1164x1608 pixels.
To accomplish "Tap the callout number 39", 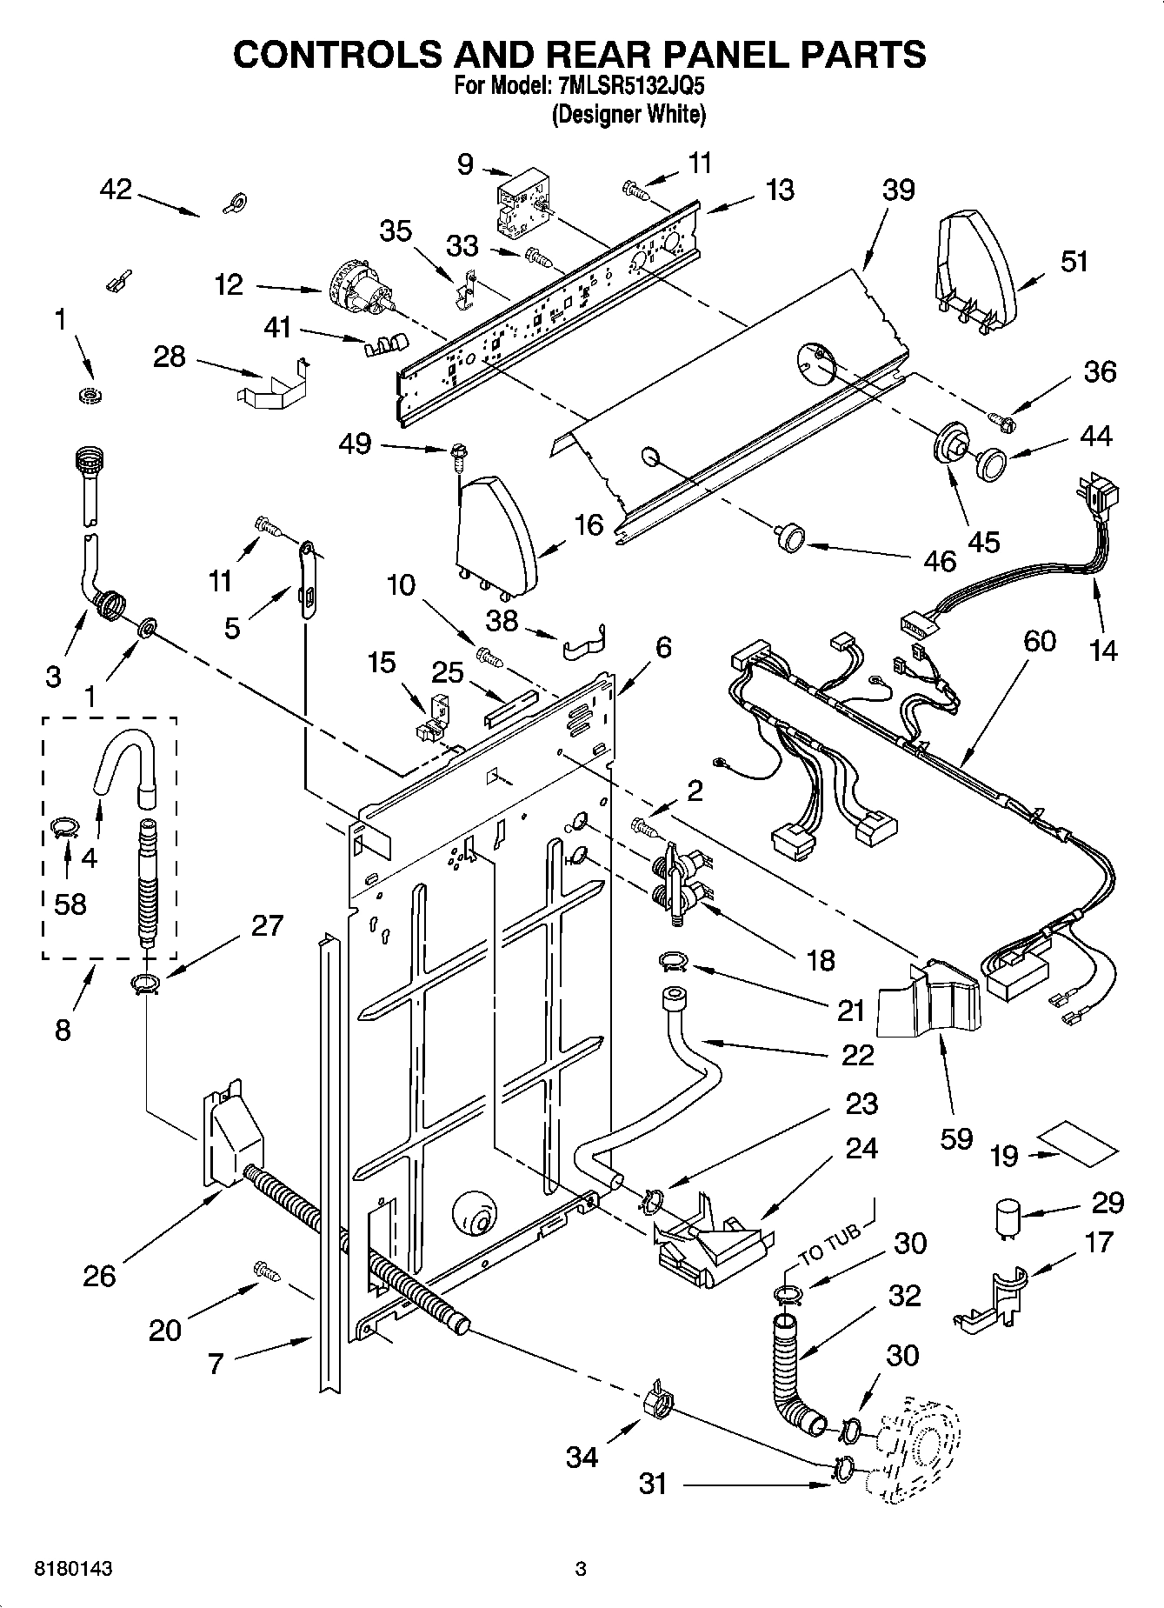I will pyautogui.click(x=898, y=190).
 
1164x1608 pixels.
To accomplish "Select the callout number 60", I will pyautogui.click(x=1039, y=641).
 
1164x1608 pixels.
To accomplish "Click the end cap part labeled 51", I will pyautogui.click(x=976, y=265).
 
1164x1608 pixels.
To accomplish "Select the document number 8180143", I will pyautogui.click(x=73, y=1570).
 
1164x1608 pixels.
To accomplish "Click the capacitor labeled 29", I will pyautogui.click(x=1008, y=1218).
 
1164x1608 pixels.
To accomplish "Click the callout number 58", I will pyautogui.click(x=70, y=904).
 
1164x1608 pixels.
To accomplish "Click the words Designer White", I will pyautogui.click(x=629, y=114).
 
